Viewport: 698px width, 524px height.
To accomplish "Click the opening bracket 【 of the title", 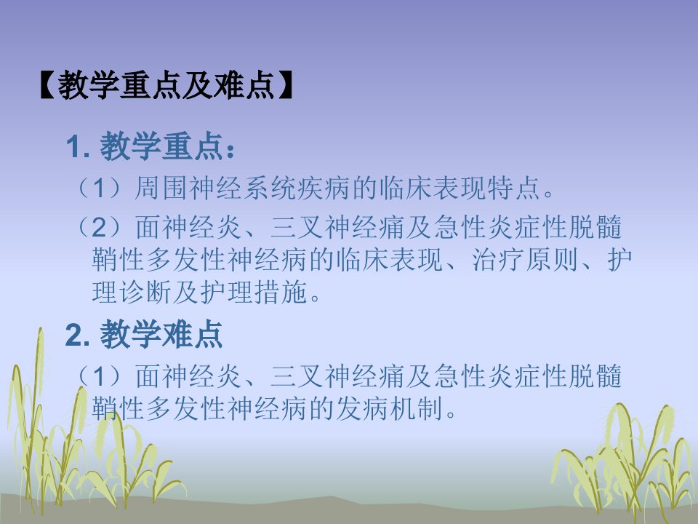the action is [47, 84].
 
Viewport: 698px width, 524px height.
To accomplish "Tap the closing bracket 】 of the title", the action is [286, 84].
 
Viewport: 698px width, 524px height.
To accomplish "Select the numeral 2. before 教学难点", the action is [78, 335].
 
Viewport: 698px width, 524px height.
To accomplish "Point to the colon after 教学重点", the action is [230, 151].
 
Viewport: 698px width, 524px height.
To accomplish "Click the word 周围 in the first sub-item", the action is [161, 188].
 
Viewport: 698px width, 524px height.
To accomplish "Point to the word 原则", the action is [552, 260].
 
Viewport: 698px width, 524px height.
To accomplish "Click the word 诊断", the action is [145, 293].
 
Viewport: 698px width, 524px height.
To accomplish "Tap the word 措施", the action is [281, 293].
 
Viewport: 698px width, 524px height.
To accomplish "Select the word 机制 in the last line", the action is [416, 408].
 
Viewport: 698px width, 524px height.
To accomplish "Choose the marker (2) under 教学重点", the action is [100, 227].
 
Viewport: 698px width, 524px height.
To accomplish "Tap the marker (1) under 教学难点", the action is [100, 376].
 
